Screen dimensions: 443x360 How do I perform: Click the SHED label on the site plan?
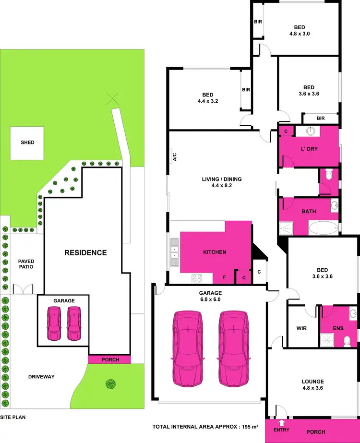click(x=27, y=143)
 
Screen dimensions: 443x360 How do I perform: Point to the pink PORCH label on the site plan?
click(x=110, y=360)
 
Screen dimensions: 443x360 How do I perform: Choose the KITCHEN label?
click(x=214, y=252)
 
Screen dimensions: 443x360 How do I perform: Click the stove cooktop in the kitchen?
click(x=197, y=277)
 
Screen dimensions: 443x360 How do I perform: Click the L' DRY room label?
click(x=309, y=149)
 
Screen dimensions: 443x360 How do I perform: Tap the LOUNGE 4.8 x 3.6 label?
click(x=312, y=372)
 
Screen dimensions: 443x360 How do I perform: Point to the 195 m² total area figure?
click(x=247, y=427)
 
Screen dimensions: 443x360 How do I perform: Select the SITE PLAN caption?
click(x=12, y=418)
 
